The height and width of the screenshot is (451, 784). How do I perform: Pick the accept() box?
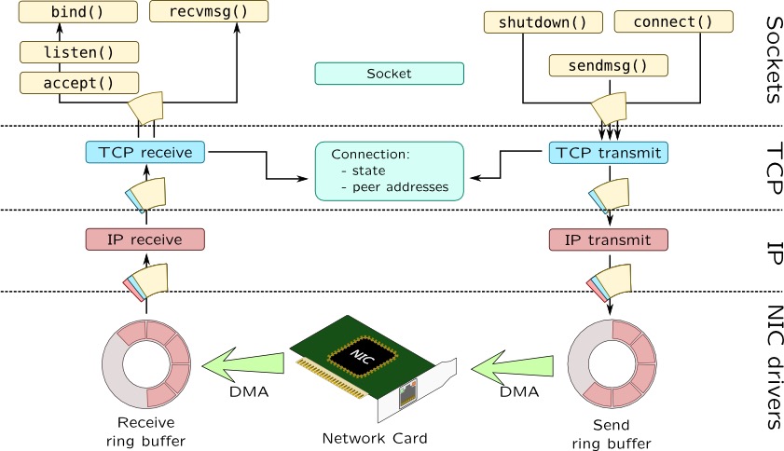79,82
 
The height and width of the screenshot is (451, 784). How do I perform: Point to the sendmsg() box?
610,65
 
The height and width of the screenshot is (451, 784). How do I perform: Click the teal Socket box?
389,73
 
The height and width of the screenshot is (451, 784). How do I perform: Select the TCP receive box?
144,152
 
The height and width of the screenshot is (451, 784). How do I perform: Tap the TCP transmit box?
610,152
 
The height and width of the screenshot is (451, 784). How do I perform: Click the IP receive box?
144,239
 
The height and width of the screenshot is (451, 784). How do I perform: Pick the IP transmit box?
610,239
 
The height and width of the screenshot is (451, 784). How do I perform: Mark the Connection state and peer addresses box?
390,171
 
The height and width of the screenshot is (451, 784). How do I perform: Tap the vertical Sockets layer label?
770,59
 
